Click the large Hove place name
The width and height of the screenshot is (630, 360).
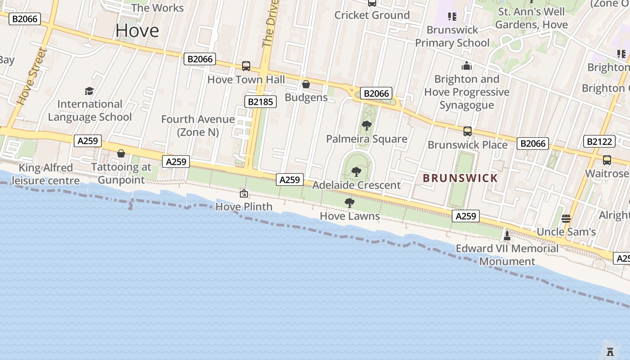point(137,31)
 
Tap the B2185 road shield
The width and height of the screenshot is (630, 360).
point(261,102)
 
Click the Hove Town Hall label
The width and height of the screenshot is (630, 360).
point(246,80)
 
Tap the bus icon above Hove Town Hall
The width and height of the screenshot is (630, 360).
point(246,66)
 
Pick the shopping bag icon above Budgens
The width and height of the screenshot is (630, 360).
point(306,84)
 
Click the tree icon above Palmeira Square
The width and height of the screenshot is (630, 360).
point(367,126)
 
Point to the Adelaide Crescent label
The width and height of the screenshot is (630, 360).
point(356,185)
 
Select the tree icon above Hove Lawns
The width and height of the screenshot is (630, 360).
point(350,203)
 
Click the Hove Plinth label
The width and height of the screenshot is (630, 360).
point(244,207)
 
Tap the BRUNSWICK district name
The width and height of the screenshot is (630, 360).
point(460,178)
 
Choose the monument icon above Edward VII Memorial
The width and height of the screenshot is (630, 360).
point(507,235)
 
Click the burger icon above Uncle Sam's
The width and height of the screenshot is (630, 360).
point(566,219)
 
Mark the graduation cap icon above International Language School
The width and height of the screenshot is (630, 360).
point(90,91)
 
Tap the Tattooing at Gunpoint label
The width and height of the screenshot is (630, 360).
point(121,173)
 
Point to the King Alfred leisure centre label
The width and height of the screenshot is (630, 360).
point(46,174)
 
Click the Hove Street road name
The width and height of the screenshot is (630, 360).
point(32,76)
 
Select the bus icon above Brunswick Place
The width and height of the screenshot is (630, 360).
point(468,131)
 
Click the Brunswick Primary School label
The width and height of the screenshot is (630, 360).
point(452,36)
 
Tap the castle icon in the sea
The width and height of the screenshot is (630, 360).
point(610,351)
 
